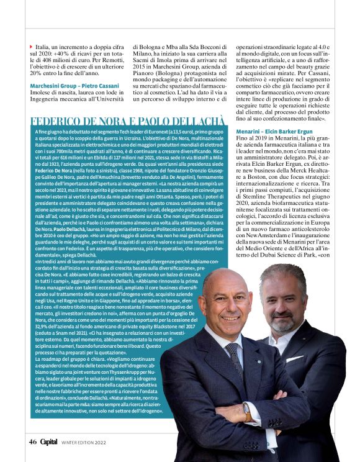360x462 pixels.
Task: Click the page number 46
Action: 32,442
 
